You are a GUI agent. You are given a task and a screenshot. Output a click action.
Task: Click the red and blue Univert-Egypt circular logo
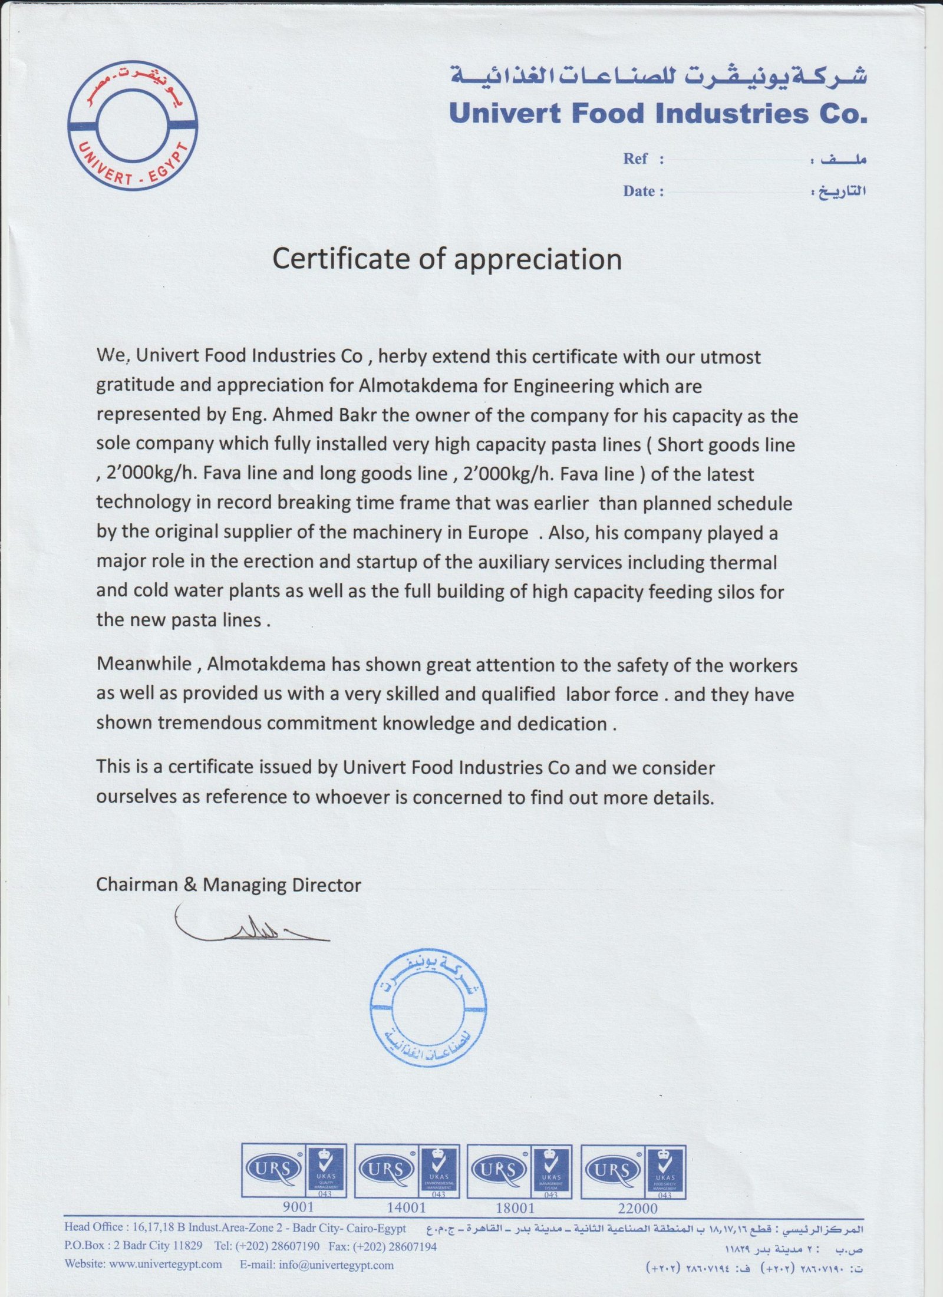pyautogui.click(x=132, y=126)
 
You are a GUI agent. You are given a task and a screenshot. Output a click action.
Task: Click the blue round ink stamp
pyautogui.click(x=428, y=1008)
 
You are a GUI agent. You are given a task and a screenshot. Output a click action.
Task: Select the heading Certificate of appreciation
pyautogui.click(x=447, y=259)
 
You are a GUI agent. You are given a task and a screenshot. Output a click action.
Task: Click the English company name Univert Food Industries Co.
pyautogui.click(x=658, y=113)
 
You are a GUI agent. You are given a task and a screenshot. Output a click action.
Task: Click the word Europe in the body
pyautogui.click(x=498, y=532)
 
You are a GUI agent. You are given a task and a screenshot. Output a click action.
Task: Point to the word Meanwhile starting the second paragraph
pyautogui.click(x=144, y=664)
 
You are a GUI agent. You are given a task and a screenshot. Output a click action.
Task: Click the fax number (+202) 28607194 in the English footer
pyautogui.click(x=400, y=1246)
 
